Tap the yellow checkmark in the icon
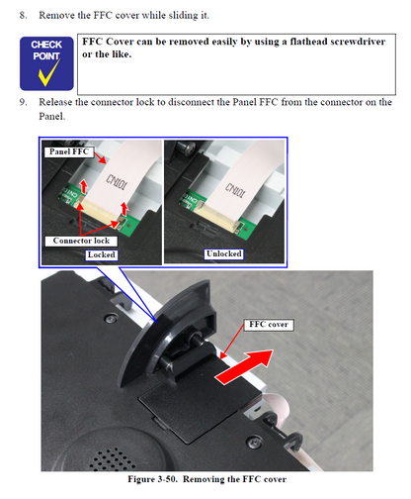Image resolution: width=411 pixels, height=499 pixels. tap(46, 73)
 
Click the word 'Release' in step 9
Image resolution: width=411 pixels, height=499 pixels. tap(58, 102)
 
